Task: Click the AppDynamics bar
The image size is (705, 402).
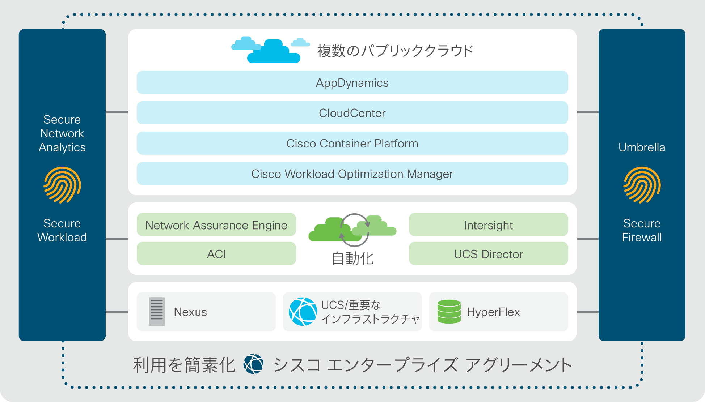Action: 352,82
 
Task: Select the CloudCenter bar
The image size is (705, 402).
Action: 352,113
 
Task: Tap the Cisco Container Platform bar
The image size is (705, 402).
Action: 352,143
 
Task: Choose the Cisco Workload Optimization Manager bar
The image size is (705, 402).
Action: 352,174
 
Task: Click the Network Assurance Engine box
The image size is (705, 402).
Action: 216,224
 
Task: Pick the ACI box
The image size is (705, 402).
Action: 216,253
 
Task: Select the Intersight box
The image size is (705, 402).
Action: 489,224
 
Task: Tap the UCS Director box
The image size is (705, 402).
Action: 489,253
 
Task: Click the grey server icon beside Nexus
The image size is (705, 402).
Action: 157,312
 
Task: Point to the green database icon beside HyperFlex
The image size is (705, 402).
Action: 449,312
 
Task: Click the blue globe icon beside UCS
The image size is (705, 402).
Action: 303,312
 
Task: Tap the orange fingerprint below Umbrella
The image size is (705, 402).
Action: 642,185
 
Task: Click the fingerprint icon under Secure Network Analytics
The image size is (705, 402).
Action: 62,185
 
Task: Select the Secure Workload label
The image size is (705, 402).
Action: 62,230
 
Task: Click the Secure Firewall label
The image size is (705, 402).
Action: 642,230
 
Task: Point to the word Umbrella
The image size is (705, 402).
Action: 642,147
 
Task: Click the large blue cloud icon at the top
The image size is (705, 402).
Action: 274,51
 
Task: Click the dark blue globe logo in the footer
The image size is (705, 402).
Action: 253,364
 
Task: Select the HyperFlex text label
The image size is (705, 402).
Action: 493,312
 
